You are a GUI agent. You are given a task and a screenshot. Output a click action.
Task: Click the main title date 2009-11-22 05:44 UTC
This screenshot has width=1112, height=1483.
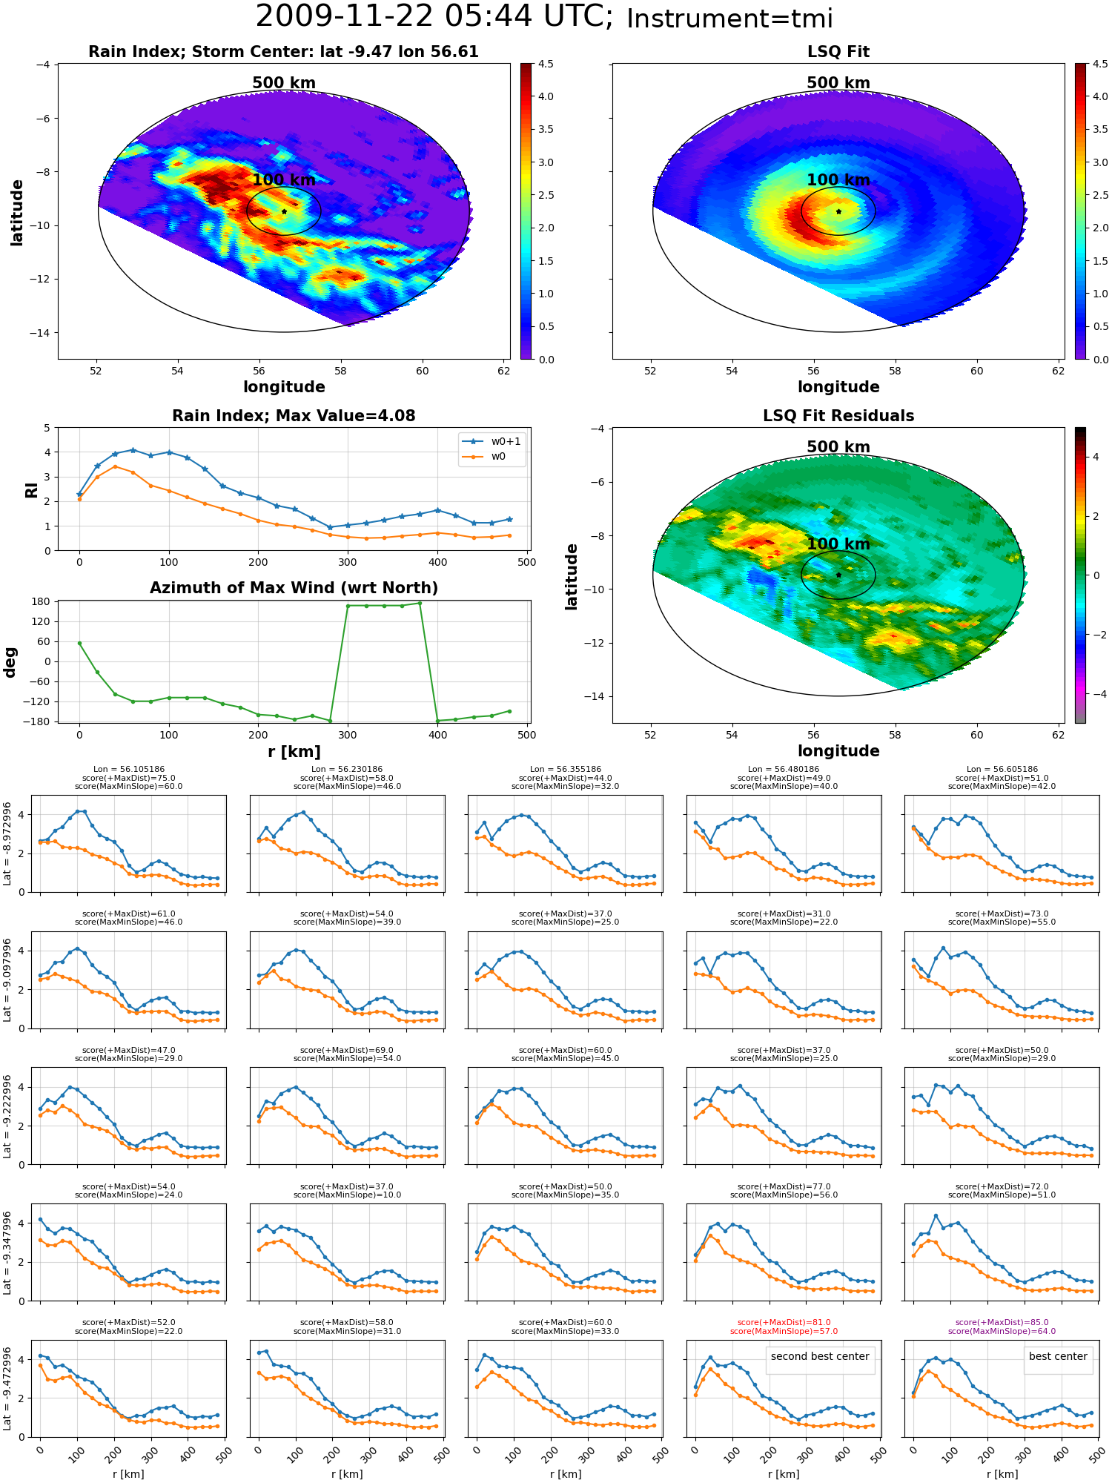(434, 16)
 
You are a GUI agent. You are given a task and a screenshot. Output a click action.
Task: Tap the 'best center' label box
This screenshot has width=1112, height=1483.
(1058, 1356)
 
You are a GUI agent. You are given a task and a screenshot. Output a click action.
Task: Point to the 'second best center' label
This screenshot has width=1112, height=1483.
(820, 1356)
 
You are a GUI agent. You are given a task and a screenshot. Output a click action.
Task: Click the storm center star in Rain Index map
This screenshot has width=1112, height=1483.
(284, 211)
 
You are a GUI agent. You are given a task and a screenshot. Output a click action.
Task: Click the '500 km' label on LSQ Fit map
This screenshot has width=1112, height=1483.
(838, 83)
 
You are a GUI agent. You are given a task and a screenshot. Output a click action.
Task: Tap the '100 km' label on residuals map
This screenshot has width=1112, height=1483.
(838, 544)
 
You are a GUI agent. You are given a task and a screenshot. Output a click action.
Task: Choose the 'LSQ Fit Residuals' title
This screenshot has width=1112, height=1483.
(838, 416)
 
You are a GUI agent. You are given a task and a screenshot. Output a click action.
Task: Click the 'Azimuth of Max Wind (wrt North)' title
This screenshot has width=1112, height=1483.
(294, 588)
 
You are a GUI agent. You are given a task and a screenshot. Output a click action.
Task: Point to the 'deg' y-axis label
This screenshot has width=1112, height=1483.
(10, 662)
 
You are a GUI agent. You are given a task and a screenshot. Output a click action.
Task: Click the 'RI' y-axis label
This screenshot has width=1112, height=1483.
(31, 489)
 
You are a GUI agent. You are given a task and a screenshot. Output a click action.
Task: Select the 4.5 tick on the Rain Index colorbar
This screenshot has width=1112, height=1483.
(546, 65)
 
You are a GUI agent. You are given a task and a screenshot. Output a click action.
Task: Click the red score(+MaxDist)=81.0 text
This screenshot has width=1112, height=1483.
(784, 1322)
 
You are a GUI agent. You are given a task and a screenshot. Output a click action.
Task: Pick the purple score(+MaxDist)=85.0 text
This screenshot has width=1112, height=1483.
(1002, 1322)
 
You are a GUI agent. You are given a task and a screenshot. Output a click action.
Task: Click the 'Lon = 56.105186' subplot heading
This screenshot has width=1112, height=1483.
(129, 770)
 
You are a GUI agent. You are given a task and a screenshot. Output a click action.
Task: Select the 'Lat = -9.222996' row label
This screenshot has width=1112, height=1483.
(7, 1116)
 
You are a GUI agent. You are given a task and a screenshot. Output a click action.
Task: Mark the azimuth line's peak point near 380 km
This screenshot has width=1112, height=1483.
(420, 603)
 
